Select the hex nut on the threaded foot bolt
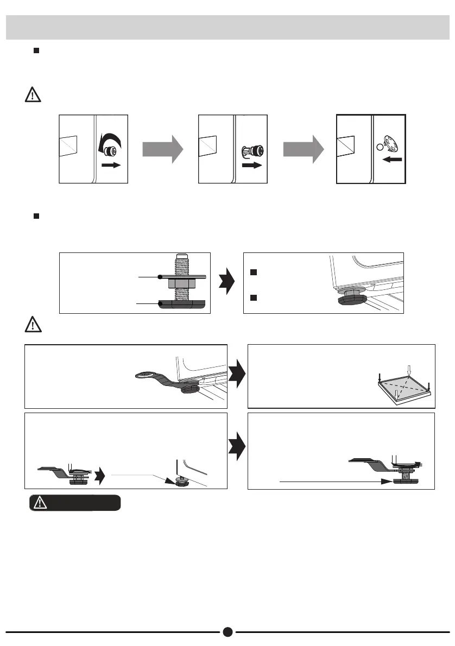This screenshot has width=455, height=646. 180,283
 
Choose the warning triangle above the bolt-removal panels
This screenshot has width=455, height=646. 33,96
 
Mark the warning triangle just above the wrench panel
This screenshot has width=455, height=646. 33,325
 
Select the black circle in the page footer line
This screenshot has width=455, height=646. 227,631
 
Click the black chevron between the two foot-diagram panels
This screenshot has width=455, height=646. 226,283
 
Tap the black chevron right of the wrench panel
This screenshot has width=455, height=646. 237,375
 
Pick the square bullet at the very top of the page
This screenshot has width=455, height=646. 36,50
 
